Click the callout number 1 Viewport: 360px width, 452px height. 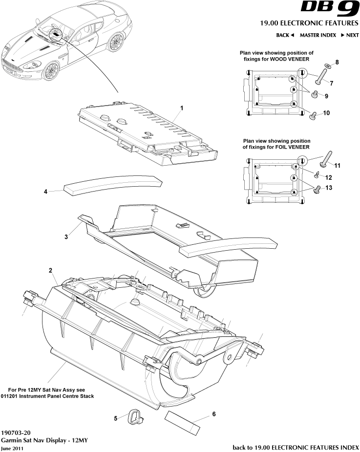click(x=181, y=108)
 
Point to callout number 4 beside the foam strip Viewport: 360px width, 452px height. click(x=45, y=192)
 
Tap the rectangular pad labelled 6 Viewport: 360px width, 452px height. click(x=183, y=422)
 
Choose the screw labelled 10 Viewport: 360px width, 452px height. click(x=314, y=115)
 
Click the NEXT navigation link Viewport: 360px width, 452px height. click(x=350, y=35)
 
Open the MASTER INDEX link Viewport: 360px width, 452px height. click(x=318, y=35)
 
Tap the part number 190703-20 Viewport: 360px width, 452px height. click(x=16, y=432)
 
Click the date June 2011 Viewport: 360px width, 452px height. click(x=12, y=448)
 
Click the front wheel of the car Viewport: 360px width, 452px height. click(x=50, y=71)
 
